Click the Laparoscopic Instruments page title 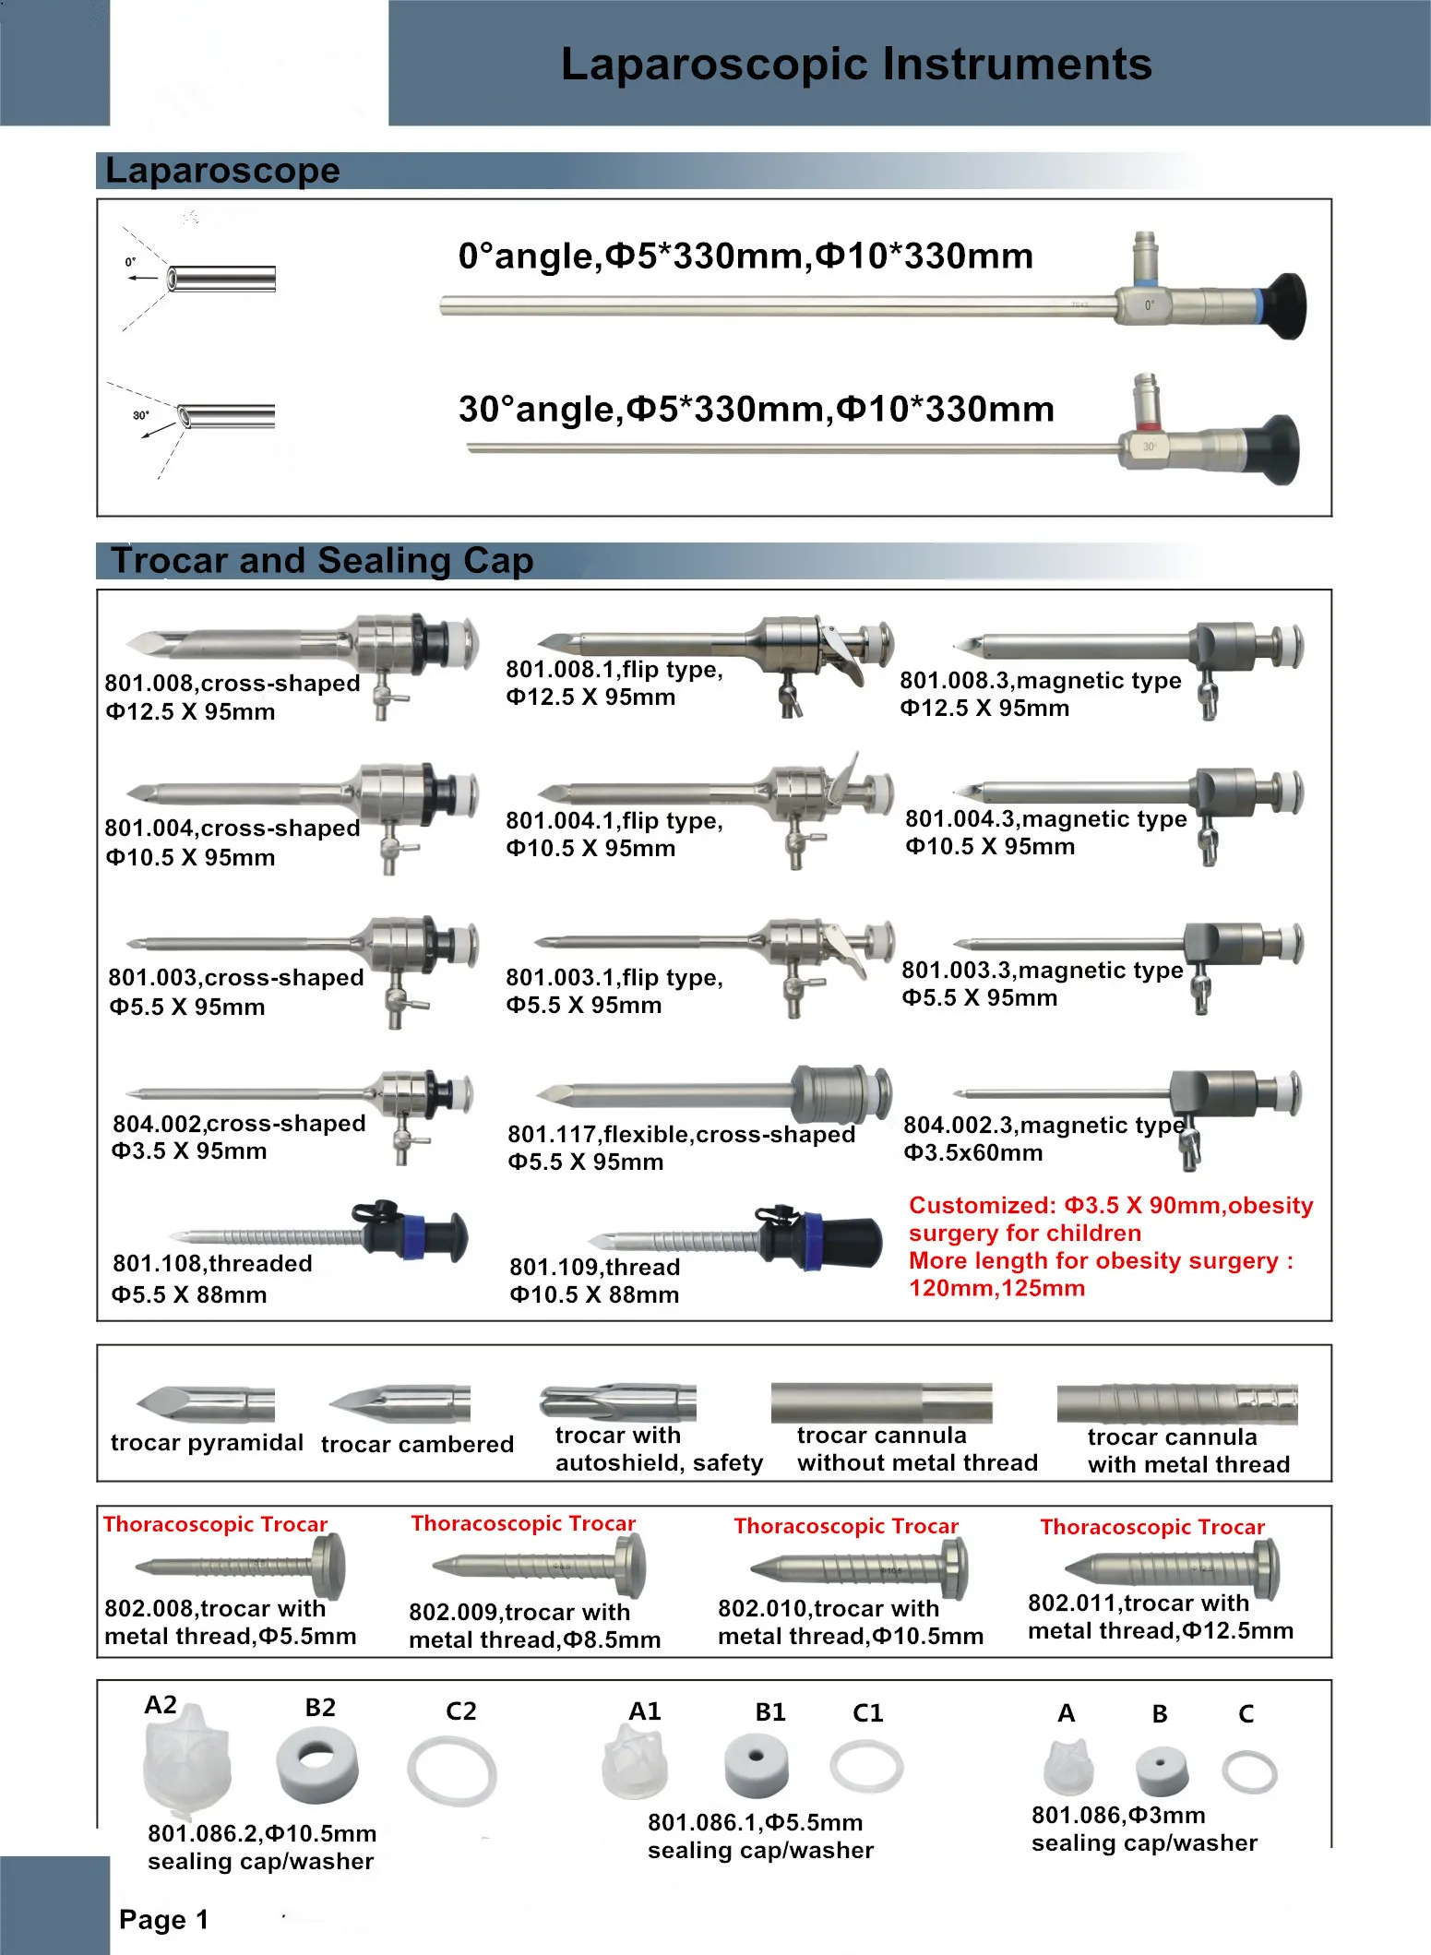tap(855, 65)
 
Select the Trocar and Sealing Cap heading tap(322, 561)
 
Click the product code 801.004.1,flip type tap(614, 820)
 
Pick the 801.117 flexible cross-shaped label tap(681, 1134)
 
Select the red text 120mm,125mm tap(996, 1289)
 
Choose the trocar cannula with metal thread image tap(1176, 1403)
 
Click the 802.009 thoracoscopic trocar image tap(539, 1566)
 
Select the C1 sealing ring tap(866, 1767)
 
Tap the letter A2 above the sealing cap tap(161, 1704)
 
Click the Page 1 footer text tap(163, 1920)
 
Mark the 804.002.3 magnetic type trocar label tap(1043, 1125)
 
